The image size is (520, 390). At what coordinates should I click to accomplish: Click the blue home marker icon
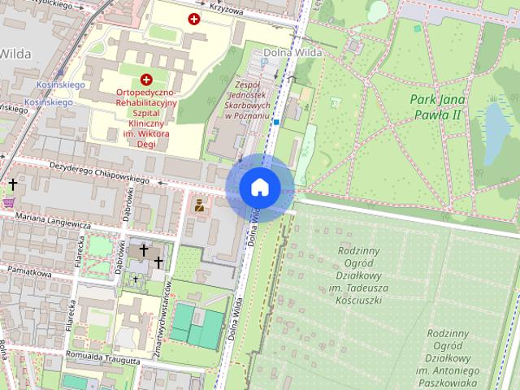click(260, 188)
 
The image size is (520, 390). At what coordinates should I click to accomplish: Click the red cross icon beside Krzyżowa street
click(194, 19)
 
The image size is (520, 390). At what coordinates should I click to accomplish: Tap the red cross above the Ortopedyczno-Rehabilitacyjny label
click(146, 80)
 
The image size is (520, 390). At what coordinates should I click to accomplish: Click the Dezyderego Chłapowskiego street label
click(102, 172)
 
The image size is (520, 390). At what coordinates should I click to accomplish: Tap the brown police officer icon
click(198, 206)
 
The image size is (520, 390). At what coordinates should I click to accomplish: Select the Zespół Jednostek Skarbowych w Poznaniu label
click(248, 100)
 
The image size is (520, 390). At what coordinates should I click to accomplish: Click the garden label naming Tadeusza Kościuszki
click(362, 275)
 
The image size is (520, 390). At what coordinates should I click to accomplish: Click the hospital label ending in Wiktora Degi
click(146, 119)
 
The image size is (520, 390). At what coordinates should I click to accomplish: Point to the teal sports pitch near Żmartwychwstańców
click(198, 327)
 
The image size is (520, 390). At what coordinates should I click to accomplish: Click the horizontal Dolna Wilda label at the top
click(293, 53)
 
